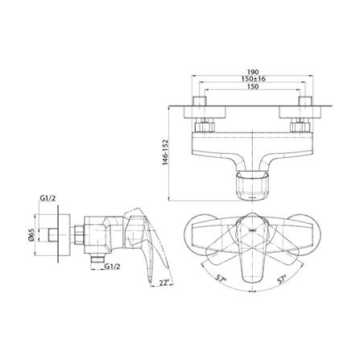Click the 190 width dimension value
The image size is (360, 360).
click(x=252, y=72)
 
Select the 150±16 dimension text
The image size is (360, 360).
click(x=252, y=79)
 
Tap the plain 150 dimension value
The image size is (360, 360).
click(x=252, y=86)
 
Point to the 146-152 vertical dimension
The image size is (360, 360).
click(x=165, y=152)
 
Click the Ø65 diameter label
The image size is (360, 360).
click(x=31, y=234)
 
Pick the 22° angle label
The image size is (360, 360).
click(x=164, y=283)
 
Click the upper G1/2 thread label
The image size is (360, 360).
click(x=48, y=198)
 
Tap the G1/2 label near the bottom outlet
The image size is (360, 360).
click(x=112, y=267)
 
